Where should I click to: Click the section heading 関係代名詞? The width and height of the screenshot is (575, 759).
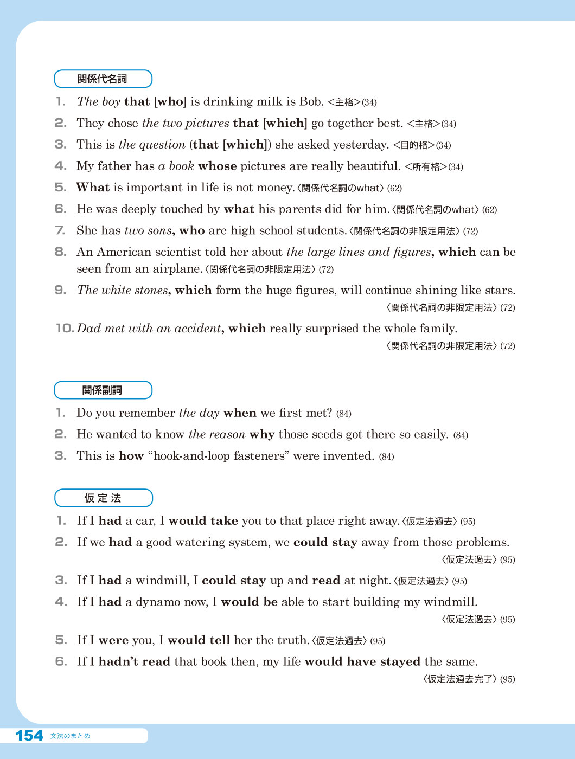(x=102, y=79)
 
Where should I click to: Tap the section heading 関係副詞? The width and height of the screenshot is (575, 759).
(x=102, y=390)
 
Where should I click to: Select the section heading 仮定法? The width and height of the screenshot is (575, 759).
(x=103, y=498)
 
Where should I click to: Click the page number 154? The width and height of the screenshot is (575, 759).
(x=29, y=736)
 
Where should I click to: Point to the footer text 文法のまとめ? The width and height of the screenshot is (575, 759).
(x=70, y=736)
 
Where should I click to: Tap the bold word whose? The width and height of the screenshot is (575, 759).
(x=218, y=166)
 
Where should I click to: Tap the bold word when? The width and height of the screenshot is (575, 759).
(x=240, y=413)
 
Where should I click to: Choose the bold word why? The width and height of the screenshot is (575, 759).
(x=262, y=434)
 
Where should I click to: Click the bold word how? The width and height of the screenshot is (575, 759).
(x=131, y=456)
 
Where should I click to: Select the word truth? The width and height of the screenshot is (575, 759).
(x=292, y=640)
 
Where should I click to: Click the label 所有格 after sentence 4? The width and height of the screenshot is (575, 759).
(x=426, y=166)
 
